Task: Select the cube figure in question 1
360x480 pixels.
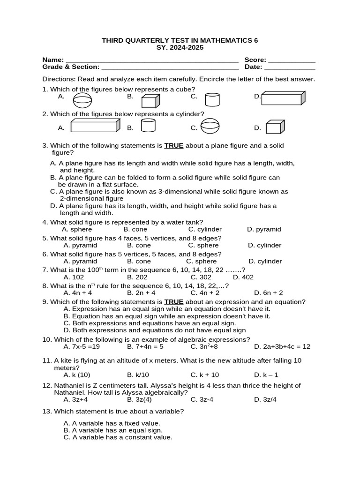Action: tap(150, 100)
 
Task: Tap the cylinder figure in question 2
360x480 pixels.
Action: tap(148, 125)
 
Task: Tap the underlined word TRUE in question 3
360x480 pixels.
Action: tap(173, 146)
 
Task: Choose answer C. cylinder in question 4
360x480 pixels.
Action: tap(205, 229)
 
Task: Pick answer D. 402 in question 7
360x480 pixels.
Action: tap(243, 277)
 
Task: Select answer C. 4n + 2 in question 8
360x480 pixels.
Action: tap(205, 293)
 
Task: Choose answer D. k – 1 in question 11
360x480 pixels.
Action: tap(266, 375)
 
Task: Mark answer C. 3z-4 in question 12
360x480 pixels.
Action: tap(202, 400)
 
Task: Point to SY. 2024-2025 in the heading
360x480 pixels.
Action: tap(180, 48)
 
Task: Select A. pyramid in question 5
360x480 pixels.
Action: tap(80, 245)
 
